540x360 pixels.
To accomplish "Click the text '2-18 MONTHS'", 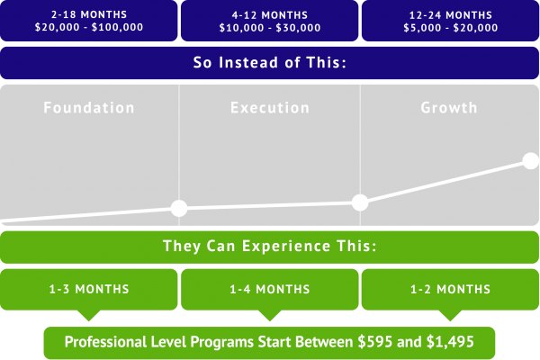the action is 89,14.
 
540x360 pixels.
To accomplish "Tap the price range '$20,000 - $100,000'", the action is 89,27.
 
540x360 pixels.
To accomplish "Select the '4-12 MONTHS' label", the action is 270,15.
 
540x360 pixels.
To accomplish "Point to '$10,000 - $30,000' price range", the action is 270,28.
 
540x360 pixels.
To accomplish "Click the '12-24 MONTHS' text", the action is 451,15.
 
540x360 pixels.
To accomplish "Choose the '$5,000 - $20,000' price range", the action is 451,28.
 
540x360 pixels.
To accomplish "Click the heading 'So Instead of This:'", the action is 270,63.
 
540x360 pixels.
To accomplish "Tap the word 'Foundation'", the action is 89,108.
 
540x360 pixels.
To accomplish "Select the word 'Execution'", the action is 270,108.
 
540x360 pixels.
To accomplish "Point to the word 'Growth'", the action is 449,108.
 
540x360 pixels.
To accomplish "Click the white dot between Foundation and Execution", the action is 179,208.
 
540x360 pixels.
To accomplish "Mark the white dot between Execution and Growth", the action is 360,202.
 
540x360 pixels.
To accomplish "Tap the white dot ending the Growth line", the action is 531,161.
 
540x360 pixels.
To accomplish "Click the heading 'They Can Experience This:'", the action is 270,246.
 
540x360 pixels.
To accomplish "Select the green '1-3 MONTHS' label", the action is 89,289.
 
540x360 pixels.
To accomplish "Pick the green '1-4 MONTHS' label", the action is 270,289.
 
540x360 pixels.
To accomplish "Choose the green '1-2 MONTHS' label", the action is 451,289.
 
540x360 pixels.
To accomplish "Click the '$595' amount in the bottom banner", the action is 374,342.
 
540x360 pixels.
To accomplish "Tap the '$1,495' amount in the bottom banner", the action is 450,342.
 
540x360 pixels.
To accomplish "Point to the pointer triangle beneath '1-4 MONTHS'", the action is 270,315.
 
